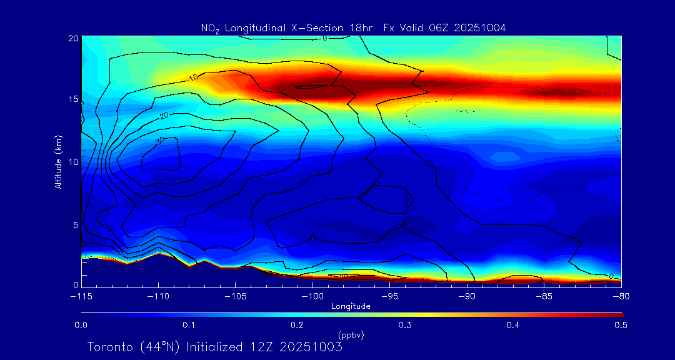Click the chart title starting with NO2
point(353,27)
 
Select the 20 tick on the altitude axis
point(72,38)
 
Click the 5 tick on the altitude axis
point(74,224)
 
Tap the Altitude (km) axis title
point(58,162)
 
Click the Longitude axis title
point(351,306)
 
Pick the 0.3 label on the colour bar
point(405,325)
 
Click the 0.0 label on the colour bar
point(81,325)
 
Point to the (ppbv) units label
point(351,335)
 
